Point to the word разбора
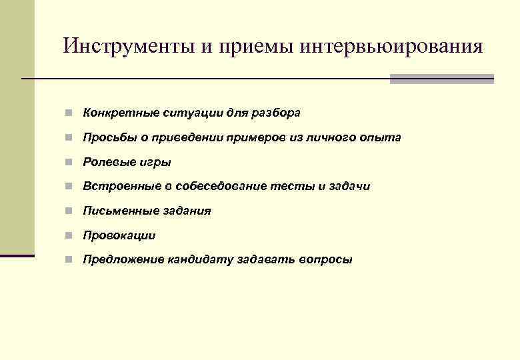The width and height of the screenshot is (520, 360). coord(276,113)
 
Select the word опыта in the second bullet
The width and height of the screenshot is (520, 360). coord(381,137)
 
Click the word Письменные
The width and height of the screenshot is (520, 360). coord(120,211)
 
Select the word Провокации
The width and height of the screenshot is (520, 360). coord(119,235)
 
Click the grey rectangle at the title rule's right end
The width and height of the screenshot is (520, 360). coord(441,79)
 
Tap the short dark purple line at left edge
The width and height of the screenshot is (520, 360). coord(17,255)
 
